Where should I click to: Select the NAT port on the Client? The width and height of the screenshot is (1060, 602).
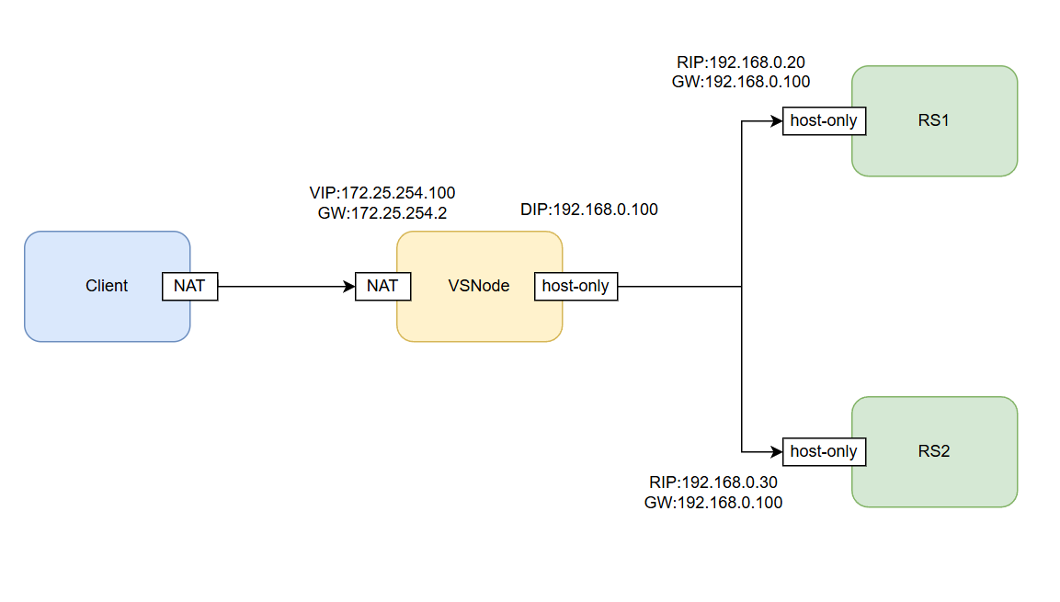pyautogui.click(x=189, y=286)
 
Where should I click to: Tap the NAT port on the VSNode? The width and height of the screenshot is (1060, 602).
pyautogui.click(x=382, y=286)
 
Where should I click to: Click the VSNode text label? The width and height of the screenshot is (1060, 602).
pyautogui.click(x=478, y=286)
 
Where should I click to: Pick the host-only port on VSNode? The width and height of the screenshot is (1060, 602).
pyautogui.click(x=576, y=286)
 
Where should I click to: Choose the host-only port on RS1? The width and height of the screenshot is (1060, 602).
pyautogui.click(x=824, y=120)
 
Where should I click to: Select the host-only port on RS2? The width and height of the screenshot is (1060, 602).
pyautogui.click(x=824, y=451)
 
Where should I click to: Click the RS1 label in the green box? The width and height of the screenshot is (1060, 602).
pyautogui.click(x=933, y=120)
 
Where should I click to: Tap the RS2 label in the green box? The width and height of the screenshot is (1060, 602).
pyautogui.click(x=933, y=451)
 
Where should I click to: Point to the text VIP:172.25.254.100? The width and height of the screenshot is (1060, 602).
pyautogui.click(x=382, y=193)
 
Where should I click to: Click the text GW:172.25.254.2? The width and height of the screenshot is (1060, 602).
pyautogui.click(x=382, y=212)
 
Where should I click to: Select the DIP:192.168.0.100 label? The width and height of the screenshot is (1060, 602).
pyautogui.click(x=589, y=210)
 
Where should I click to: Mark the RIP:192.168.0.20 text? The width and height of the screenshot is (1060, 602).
pyautogui.click(x=741, y=62)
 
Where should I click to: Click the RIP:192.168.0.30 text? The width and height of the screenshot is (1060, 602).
pyautogui.click(x=714, y=483)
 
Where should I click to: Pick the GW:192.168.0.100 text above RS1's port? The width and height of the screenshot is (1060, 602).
pyautogui.click(x=741, y=82)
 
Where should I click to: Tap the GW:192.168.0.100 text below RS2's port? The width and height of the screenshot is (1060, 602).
pyautogui.click(x=714, y=503)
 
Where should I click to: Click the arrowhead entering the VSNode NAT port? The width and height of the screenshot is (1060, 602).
pyautogui.click(x=349, y=286)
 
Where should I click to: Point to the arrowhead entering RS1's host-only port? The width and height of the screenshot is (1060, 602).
pyautogui.click(x=777, y=120)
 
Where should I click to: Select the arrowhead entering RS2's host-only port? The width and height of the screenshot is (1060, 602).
pyautogui.click(x=777, y=451)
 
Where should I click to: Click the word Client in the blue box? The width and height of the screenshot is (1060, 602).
pyautogui.click(x=107, y=286)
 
